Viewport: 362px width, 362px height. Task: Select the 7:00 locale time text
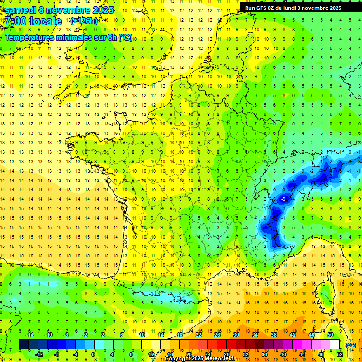33,21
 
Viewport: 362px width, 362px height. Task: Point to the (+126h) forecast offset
84,21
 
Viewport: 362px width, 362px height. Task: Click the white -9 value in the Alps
283,199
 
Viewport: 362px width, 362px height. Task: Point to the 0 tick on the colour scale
93,354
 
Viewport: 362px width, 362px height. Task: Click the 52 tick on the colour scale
339,354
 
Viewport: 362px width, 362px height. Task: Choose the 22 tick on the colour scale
198,335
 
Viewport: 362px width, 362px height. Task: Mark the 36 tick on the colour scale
264,354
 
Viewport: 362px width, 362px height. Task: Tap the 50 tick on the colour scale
330,335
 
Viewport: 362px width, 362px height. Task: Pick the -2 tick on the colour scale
85,335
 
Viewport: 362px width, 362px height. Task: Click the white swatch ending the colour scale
335,345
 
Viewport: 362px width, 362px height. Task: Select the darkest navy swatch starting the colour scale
24,345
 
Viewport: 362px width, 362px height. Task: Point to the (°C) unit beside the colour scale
351,345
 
